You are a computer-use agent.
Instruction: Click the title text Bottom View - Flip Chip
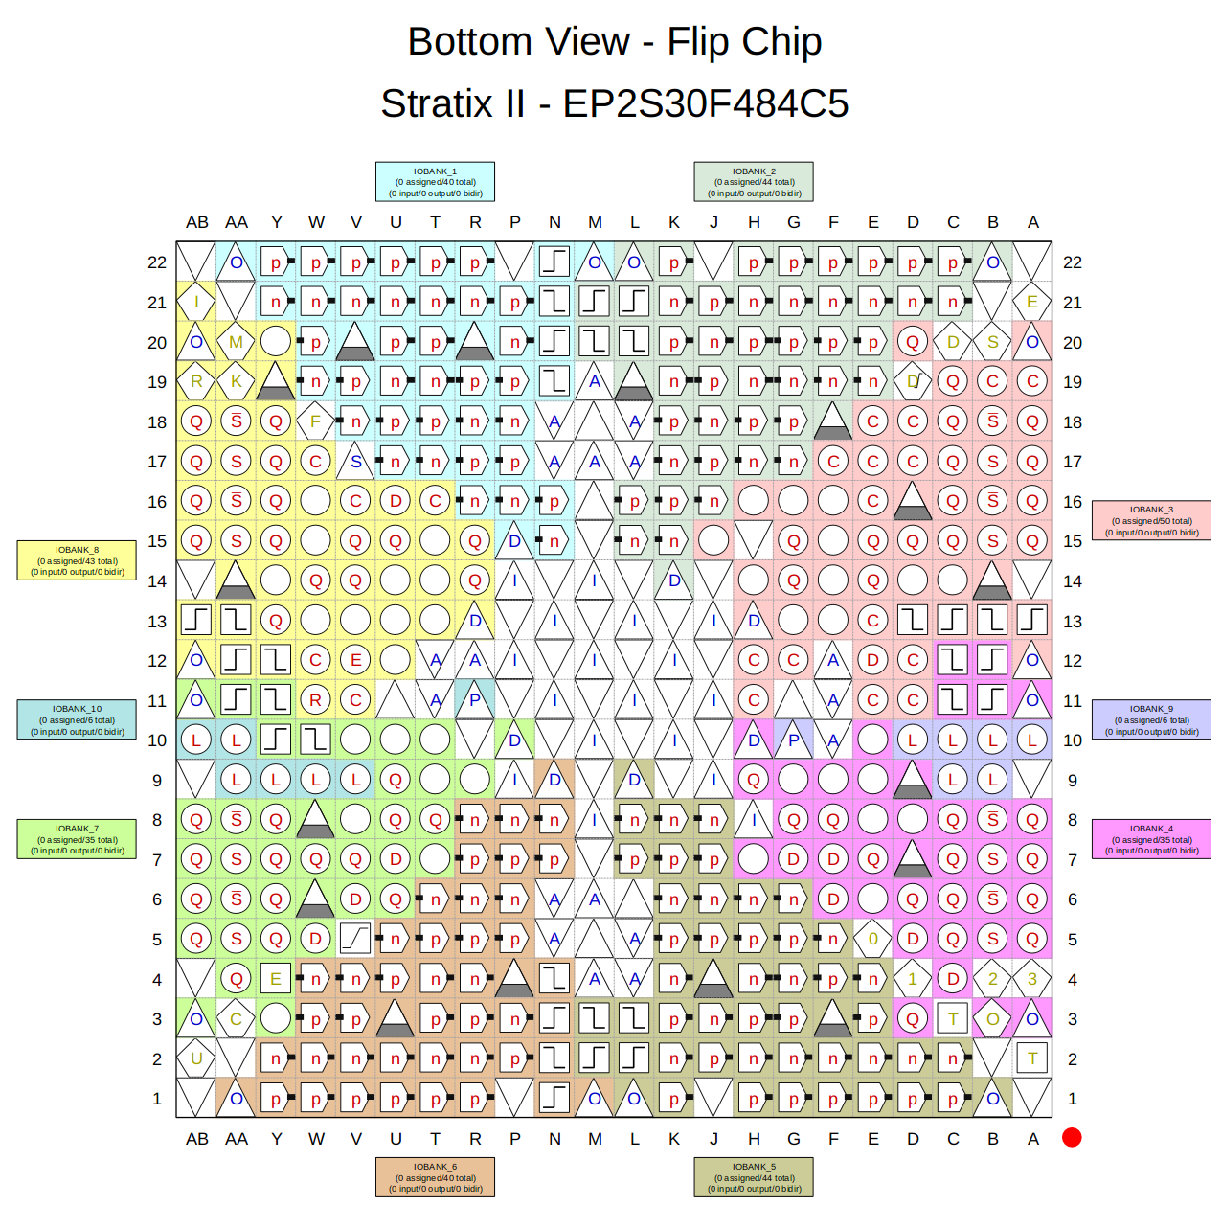614,42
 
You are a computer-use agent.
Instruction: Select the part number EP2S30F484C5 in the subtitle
705,103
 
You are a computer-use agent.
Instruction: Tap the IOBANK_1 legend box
435,182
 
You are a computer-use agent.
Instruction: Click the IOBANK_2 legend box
754,182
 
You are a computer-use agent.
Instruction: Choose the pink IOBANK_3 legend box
1151,521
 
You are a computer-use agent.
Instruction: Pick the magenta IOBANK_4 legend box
1151,839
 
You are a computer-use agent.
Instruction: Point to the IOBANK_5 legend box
754,1177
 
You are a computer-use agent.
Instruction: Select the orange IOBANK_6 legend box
435,1177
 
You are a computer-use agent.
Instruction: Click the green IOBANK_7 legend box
77,839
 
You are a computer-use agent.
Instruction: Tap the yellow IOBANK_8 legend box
77,560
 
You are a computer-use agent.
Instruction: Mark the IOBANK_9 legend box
1151,719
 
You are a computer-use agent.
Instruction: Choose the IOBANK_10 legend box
77,719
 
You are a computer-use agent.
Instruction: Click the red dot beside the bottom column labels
1072,1137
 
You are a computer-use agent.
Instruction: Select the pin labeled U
196,1058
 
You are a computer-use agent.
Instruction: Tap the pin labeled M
237,342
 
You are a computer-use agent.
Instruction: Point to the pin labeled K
237,381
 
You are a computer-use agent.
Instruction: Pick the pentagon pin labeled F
315,421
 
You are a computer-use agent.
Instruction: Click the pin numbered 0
872,939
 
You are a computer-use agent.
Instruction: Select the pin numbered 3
1032,979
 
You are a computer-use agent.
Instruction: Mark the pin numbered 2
992,979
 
